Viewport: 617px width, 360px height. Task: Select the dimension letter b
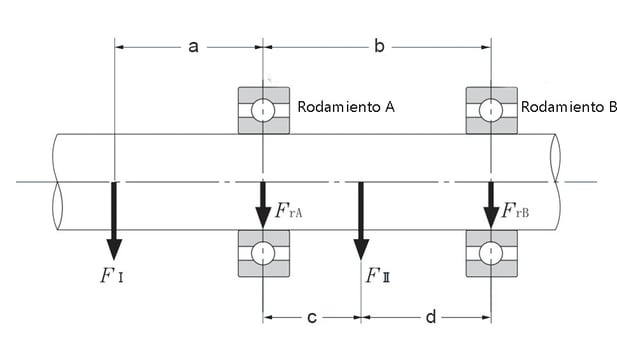click(x=379, y=46)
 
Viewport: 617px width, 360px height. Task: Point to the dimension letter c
click(x=312, y=318)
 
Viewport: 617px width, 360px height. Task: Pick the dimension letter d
click(x=430, y=318)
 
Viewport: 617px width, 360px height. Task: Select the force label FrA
click(x=290, y=211)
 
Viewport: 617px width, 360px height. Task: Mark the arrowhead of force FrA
click(x=263, y=217)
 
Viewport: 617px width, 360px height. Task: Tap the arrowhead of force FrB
click(x=491, y=217)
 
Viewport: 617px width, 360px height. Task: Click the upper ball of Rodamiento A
click(x=263, y=110)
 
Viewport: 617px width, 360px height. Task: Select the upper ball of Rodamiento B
click(x=491, y=110)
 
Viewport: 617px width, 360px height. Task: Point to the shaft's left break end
click(x=56, y=181)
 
